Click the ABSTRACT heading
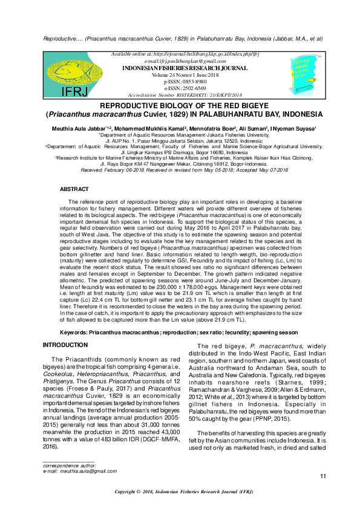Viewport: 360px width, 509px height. pyautogui.click(x=74, y=189)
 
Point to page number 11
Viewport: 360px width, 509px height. pyautogui.click(x=322, y=478)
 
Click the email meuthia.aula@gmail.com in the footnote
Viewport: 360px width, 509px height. pyautogui.click(x=79, y=470)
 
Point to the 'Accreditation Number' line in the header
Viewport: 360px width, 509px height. pyautogui.click(x=185, y=95)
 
